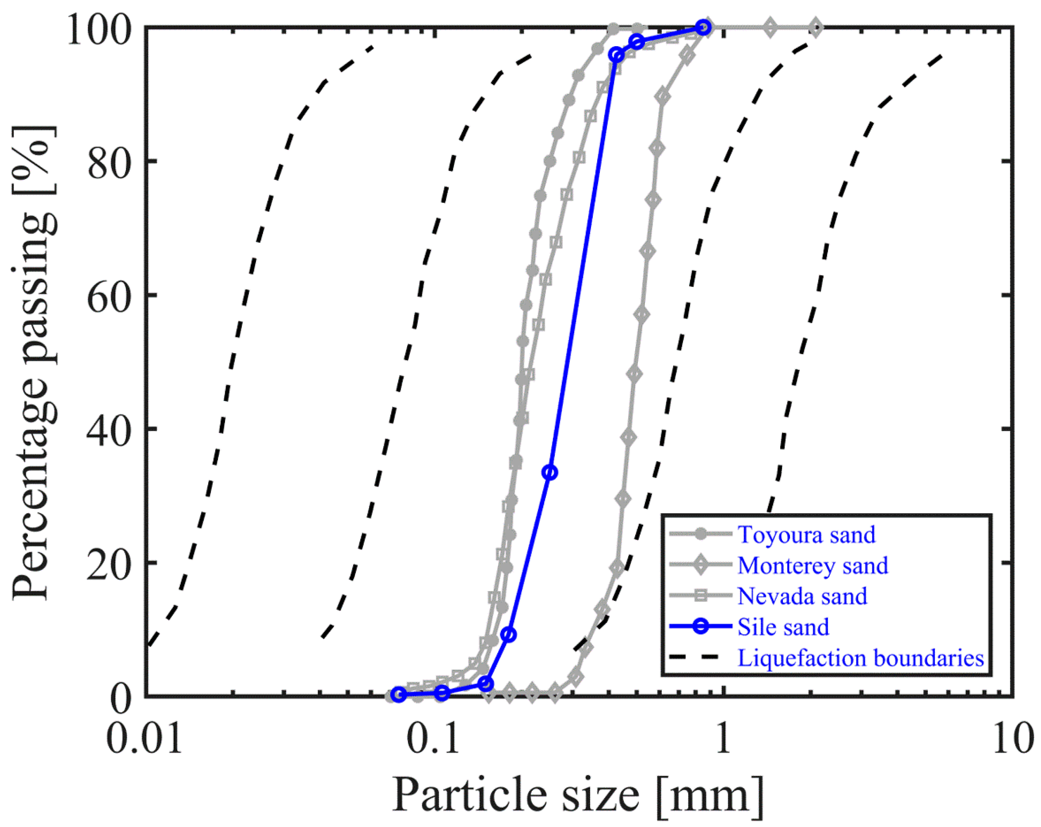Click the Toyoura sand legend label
point(806,535)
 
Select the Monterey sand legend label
point(813,565)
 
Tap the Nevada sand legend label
point(802,596)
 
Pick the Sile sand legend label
point(783,627)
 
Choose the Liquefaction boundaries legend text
point(860,658)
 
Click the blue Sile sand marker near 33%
point(550,473)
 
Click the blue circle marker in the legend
point(701,627)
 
